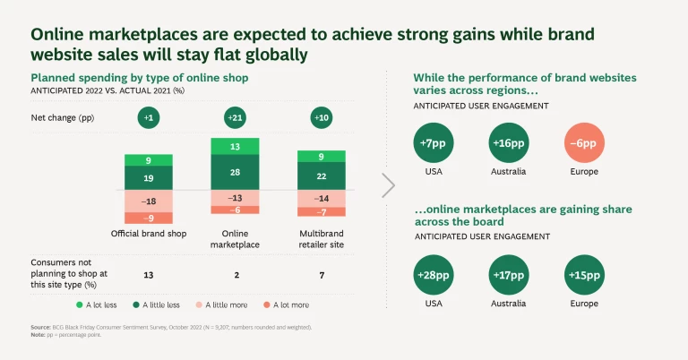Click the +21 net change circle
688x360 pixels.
tap(235, 118)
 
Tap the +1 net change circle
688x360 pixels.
tap(149, 118)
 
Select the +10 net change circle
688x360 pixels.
tap(321, 118)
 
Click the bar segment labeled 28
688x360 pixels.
tap(235, 172)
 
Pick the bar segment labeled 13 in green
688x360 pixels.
tap(235, 146)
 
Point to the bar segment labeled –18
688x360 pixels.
tap(149, 201)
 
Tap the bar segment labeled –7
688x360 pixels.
tap(321, 212)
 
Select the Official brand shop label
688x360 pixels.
tap(148, 234)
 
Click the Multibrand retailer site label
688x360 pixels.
tap(321, 239)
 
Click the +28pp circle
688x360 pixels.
tap(434, 273)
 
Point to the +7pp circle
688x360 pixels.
tap(434, 143)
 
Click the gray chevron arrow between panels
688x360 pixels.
tap(388, 185)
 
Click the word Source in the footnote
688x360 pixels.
tap(40, 329)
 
